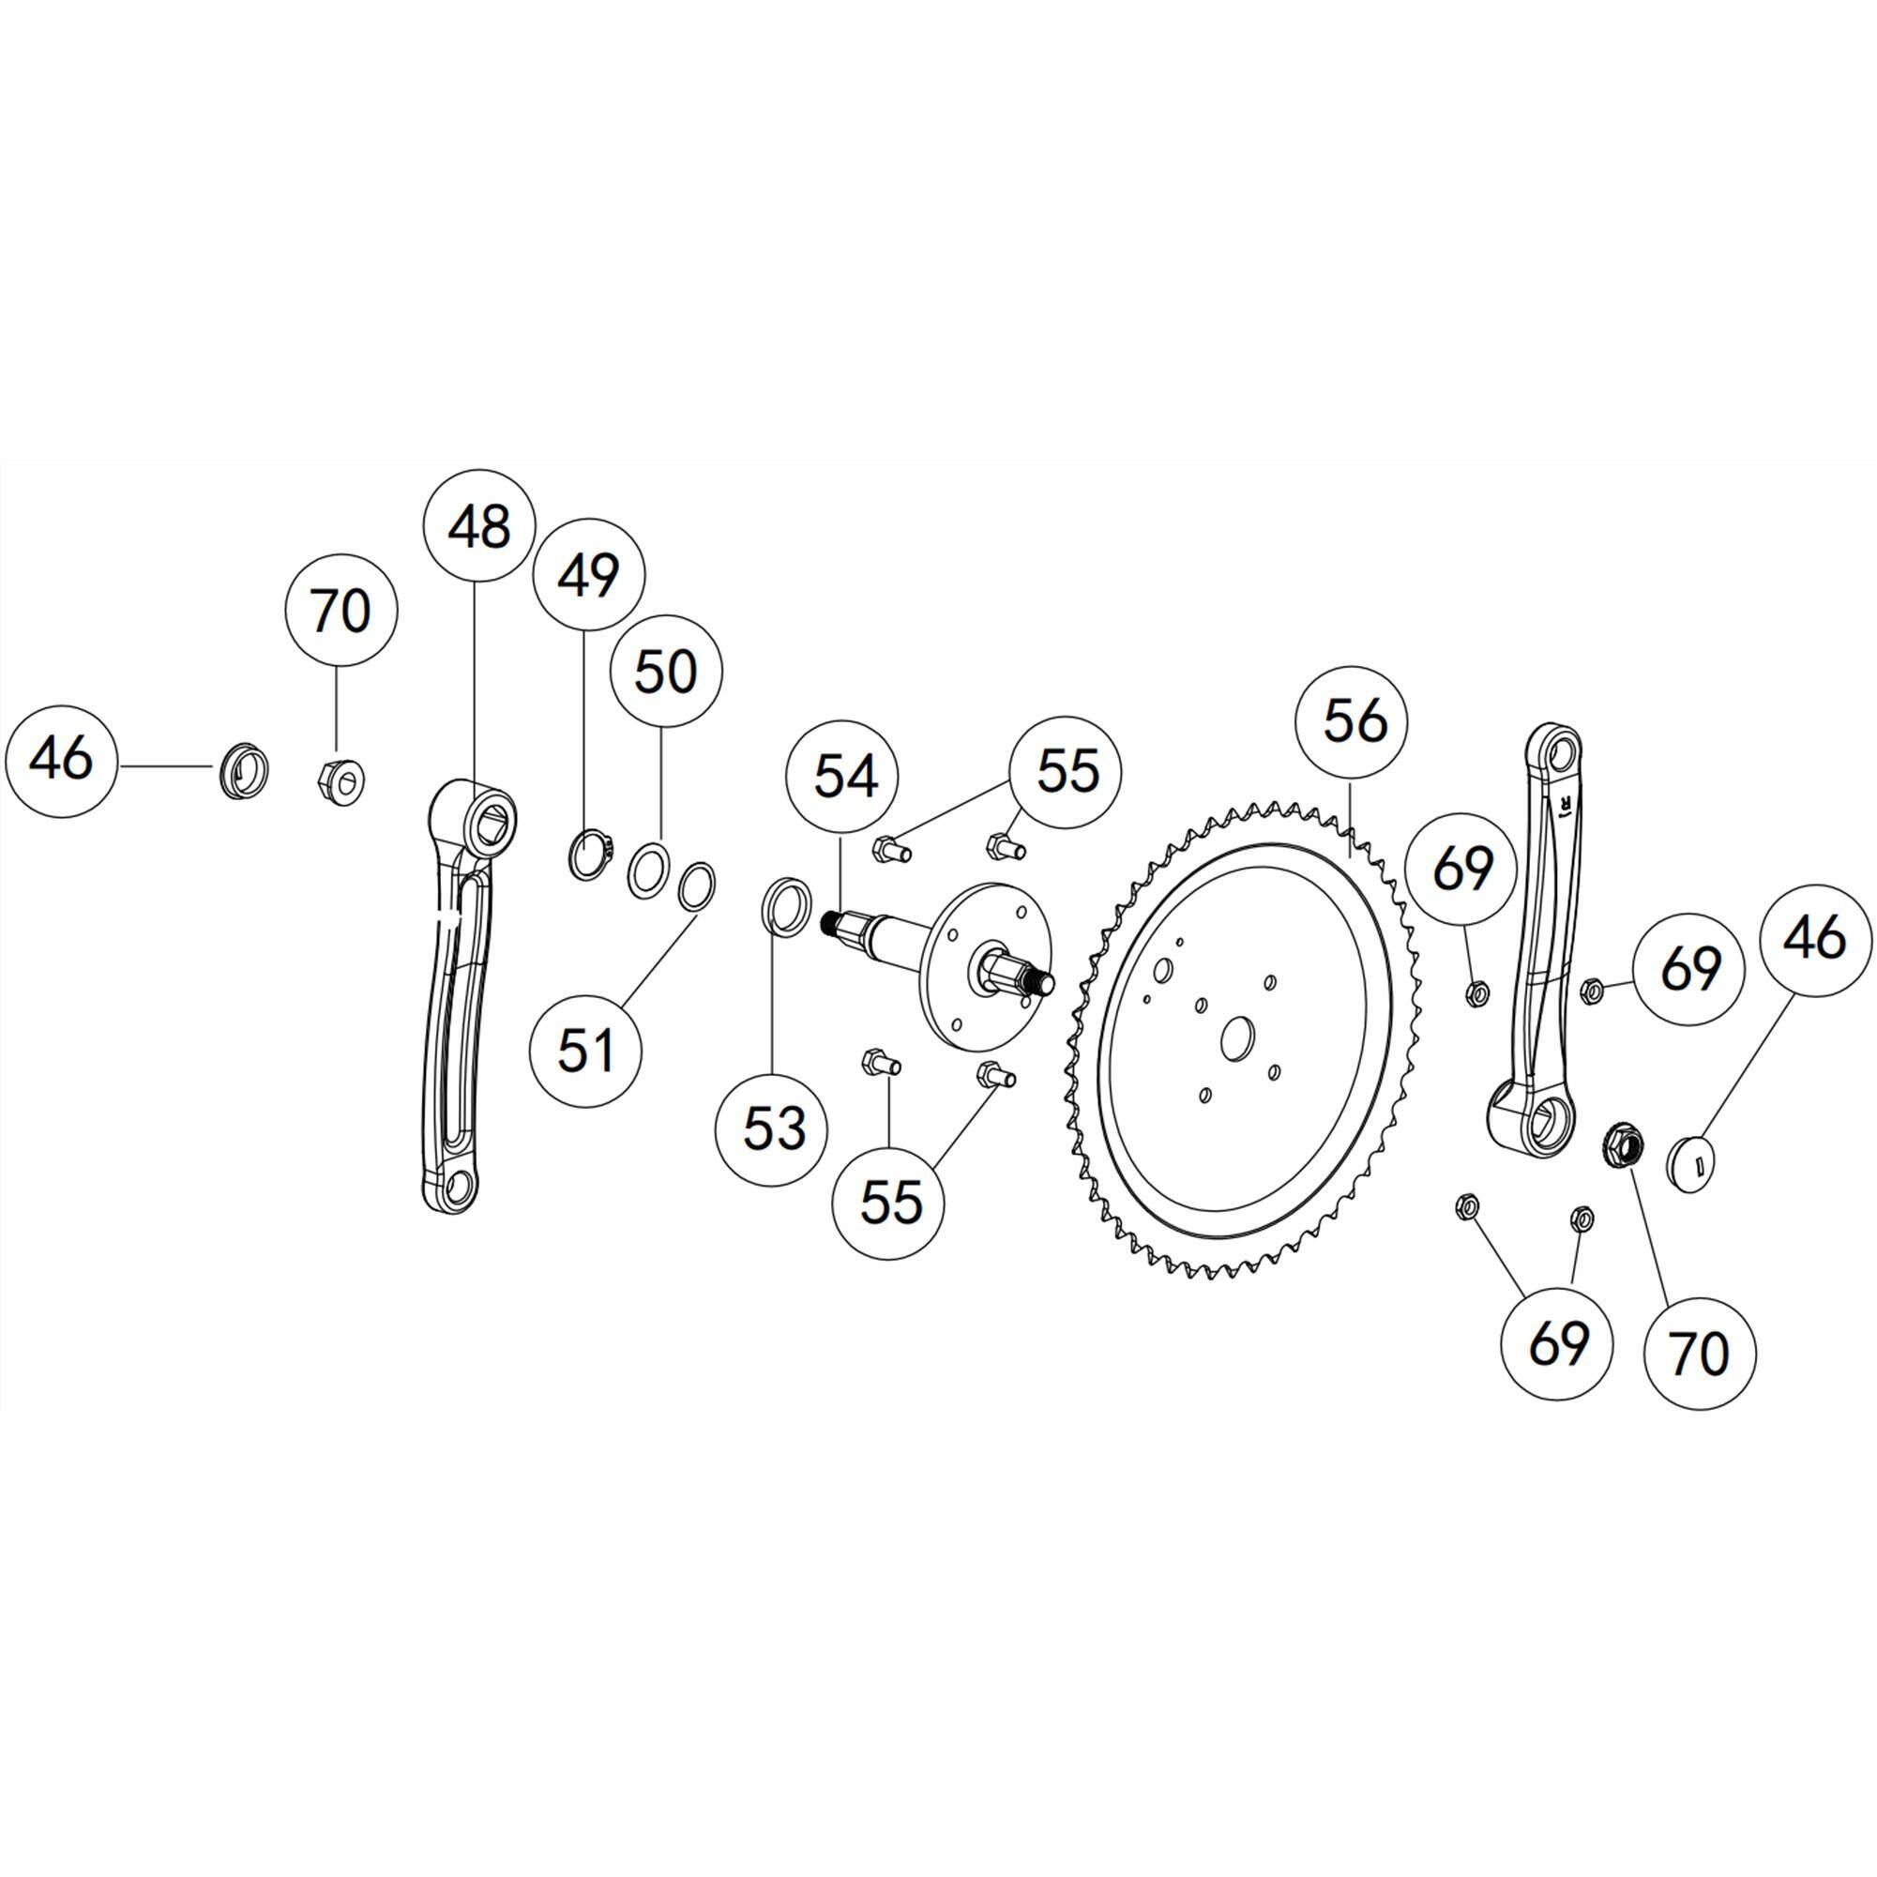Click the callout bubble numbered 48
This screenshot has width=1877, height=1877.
tap(481, 524)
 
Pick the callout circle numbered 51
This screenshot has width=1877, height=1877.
tap(586, 1052)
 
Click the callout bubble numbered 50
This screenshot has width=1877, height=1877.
tap(666, 674)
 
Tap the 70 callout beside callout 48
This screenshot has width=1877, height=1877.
tap(341, 611)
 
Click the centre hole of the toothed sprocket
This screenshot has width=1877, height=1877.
tap(1236, 1038)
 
